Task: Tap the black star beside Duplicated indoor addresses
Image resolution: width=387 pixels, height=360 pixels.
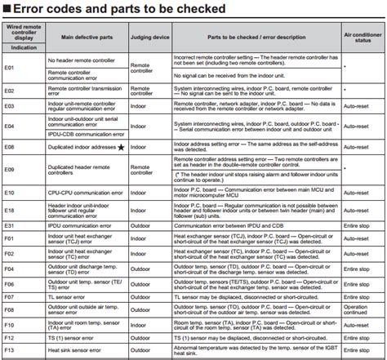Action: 122,146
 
